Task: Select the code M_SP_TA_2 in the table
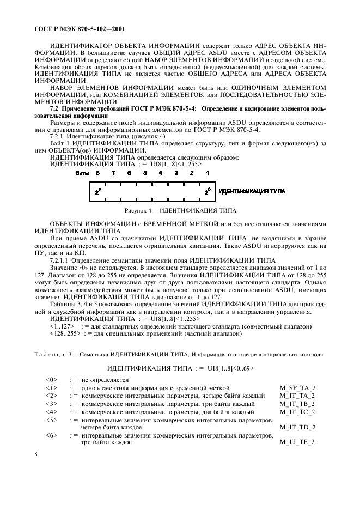[x=297, y=387]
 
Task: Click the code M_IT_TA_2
[x=297, y=396]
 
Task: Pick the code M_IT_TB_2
[x=297, y=404]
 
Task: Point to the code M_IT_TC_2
[x=297, y=412]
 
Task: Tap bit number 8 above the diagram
[x=97, y=172]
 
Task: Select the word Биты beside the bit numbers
[x=81, y=172]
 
